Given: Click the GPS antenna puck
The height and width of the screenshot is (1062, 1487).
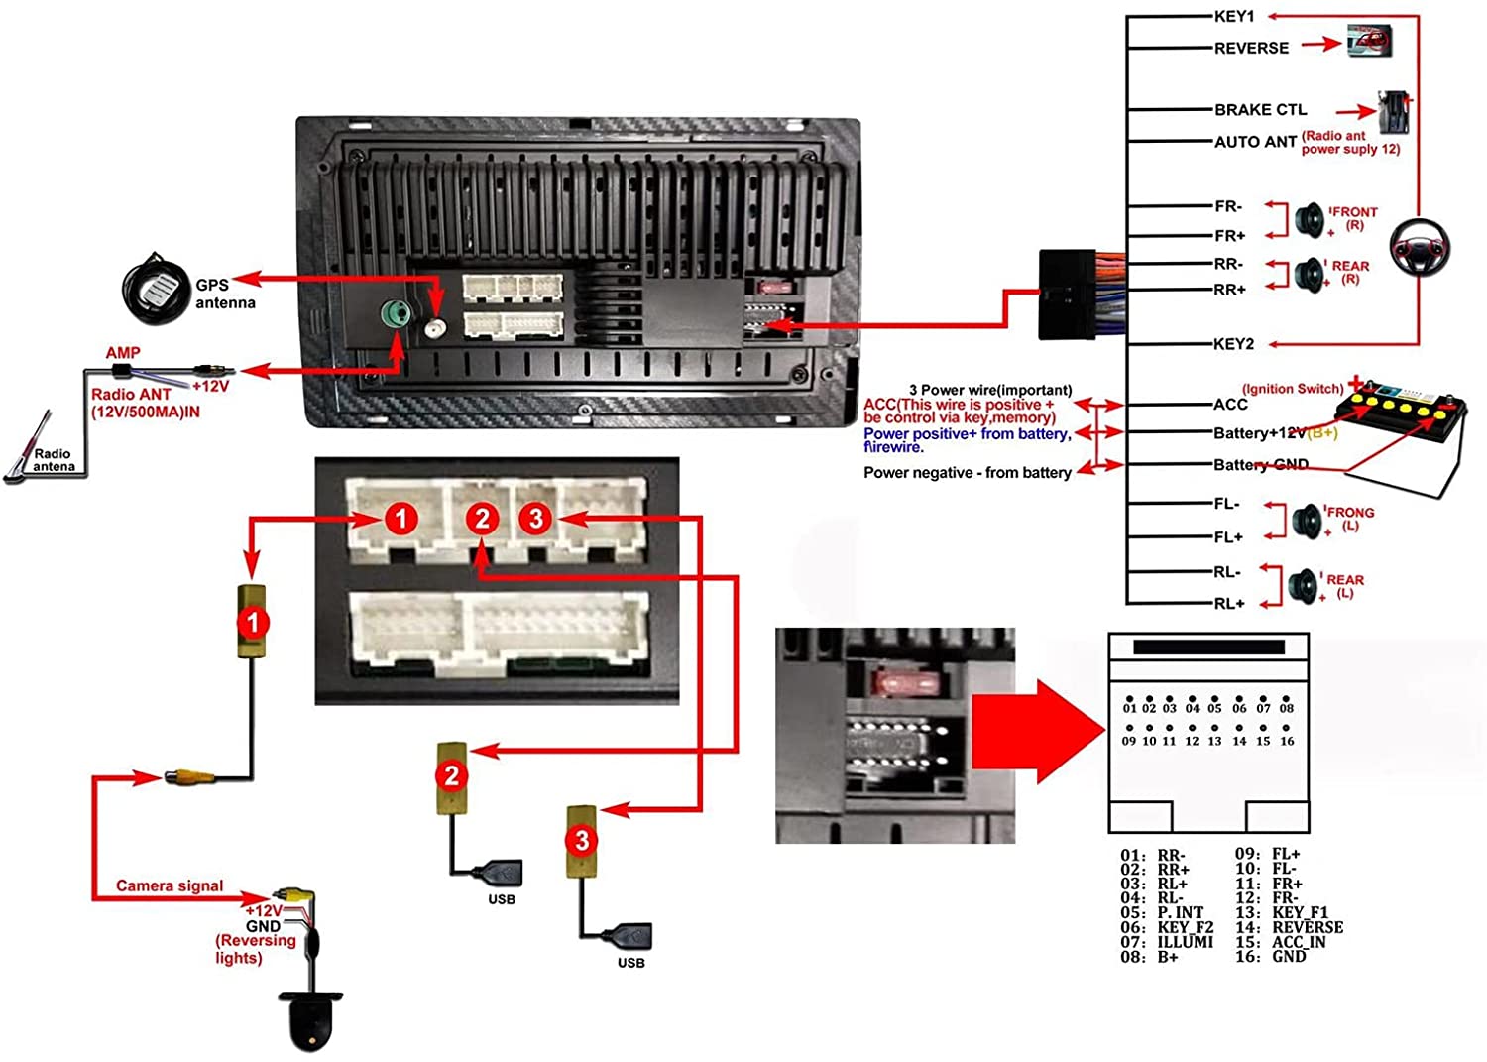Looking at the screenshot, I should (156, 288).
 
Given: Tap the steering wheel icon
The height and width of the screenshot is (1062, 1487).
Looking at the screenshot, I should (1419, 248).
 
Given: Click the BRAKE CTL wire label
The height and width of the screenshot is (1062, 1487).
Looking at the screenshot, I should (1260, 109).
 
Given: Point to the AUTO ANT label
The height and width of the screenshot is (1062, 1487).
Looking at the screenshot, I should (1255, 142).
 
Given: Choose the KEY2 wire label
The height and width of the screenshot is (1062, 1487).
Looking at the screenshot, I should (1233, 344).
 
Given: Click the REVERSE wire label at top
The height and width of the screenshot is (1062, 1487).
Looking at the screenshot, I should (1251, 48).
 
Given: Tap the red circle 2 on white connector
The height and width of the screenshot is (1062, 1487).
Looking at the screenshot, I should (483, 518).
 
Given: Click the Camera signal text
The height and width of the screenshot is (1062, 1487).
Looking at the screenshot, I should (170, 885).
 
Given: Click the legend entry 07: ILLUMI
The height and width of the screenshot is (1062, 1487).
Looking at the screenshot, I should (1167, 942).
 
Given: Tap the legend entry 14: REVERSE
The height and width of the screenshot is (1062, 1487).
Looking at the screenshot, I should (1289, 927).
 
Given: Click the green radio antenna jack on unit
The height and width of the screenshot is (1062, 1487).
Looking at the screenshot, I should (397, 316).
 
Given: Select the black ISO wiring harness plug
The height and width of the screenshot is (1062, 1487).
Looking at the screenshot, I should (1067, 295).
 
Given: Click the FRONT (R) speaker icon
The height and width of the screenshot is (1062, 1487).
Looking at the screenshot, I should (1309, 219).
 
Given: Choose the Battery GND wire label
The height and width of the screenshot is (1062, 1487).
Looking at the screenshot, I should (1260, 465).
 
